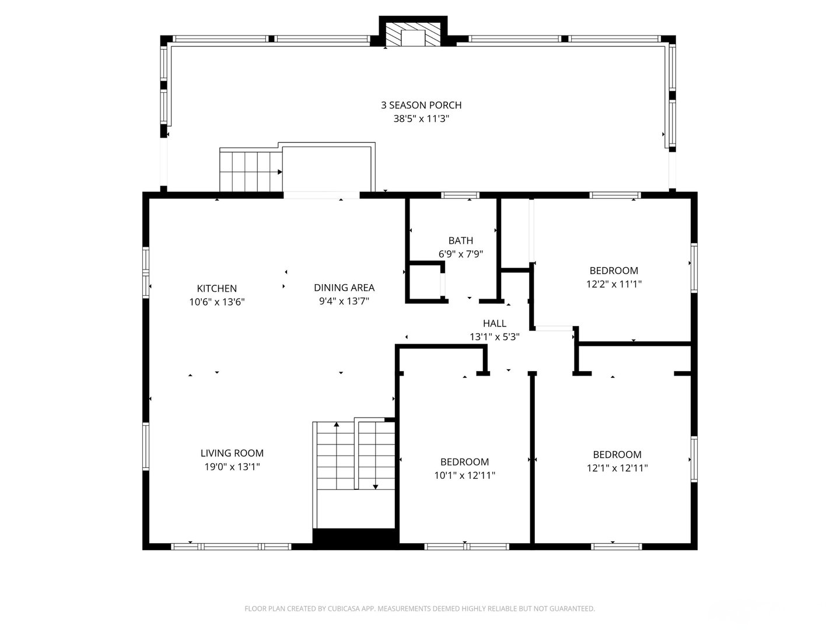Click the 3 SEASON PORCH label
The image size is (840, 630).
(x=421, y=105)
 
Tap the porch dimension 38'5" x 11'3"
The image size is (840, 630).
(x=421, y=119)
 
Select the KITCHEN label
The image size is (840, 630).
(x=216, y=288)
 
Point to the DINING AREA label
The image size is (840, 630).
(x=344, y=288)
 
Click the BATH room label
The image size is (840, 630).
(x=460, y=240)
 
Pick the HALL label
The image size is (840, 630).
(x=494, y=323)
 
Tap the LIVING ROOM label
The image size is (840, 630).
(x=232, y=453)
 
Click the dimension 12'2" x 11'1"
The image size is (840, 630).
(x=614, y=284)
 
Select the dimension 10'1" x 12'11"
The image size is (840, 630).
(x=464, y=475)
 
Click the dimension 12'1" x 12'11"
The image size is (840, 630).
(x=617, y=468)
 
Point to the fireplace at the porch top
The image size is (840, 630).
(x=414, y=36)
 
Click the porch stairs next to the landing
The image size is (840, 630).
(x=250, y=170)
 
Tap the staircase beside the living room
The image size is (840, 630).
(x=355, y=461)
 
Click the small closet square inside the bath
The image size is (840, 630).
(x=425, y=282)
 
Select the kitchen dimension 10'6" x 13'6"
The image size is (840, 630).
(x=216, y=302)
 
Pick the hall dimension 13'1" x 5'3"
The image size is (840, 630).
(x=494, y=337)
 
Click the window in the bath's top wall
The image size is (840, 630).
(x=460, y=195)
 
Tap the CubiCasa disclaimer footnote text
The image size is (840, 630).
(x=419, y=608)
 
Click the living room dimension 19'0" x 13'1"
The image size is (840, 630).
(x=232, y=467)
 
